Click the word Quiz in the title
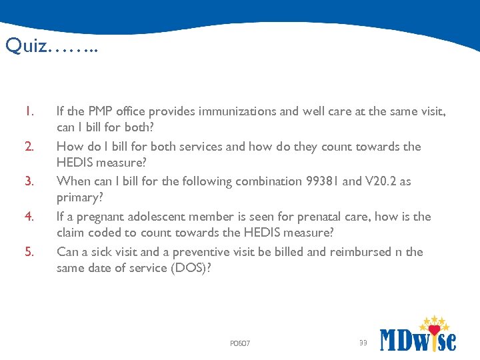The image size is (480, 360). (26, 46)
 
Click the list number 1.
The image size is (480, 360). (29, 111)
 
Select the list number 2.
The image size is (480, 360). (29, 147)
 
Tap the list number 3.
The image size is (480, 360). (29, 181)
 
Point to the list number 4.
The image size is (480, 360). (29, 217)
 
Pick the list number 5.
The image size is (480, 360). (29, 252)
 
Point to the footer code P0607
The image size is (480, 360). (239, 343)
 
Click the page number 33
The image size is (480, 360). (363, 343)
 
